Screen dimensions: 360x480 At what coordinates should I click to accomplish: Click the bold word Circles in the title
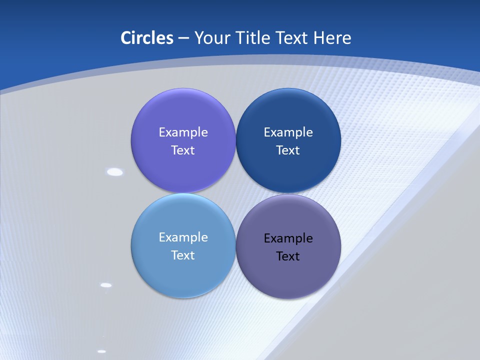pyautogui.click(x=147, y=38)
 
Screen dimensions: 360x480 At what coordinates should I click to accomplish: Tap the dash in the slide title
pyautogui.click(x=183, y=38)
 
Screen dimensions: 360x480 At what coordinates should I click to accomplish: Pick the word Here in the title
pyautogui.click(x=332, y=38)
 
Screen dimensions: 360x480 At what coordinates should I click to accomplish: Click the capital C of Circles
pyautogui.click(x=126, y=38)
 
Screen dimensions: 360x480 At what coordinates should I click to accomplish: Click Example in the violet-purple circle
pyautogui.click(x=183, y=132)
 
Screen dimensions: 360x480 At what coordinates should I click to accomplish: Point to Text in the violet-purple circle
pyautogui.click(x=183, y=150)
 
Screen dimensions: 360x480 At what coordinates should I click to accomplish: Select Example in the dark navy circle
pyautogui.click(x=288, y=132)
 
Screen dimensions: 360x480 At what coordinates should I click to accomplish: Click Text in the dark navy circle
pyautogui.click(x=288, y=150)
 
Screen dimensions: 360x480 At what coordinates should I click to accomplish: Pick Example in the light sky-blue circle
pyautogui.click(x=183, y=237)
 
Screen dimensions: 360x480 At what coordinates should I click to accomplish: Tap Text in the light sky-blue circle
pyautogui.click(x=183, y=255)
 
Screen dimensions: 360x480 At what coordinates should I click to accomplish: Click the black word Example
pyautogui.click(x=288, y=238)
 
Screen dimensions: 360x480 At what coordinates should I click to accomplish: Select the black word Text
pyautogui.click(x=288, y=256)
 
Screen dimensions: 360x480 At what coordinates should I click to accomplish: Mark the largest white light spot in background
pyautogui.click(x=115, y=172)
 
